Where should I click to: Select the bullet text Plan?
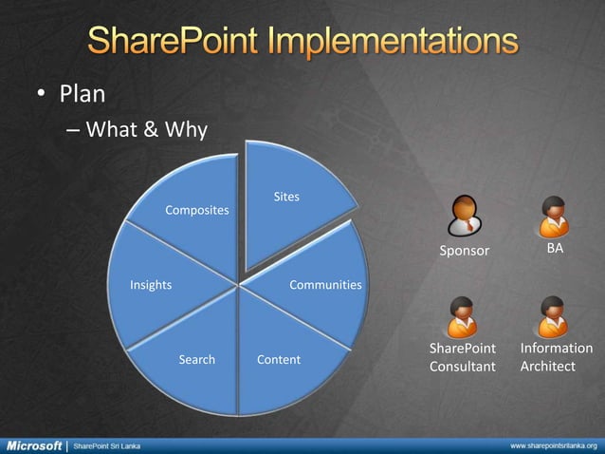[82, 95]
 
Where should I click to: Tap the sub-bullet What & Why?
[146, 129]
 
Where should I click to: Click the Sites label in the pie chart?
[286, 197]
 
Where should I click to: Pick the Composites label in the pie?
[197, 209]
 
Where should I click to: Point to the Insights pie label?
[151, 284]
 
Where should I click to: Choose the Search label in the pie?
[197, 359]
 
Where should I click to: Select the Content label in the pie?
[279, 359]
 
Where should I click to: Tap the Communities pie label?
[325, 284]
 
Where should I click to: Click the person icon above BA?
[553, 217]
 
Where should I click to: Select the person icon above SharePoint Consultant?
[463, 316]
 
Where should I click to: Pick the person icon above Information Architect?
[553, 316]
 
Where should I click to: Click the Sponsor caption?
[464, 251]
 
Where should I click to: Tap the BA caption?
[555, 248]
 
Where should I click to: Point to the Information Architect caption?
[557, 357]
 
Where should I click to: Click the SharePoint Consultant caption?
[463, 357]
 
